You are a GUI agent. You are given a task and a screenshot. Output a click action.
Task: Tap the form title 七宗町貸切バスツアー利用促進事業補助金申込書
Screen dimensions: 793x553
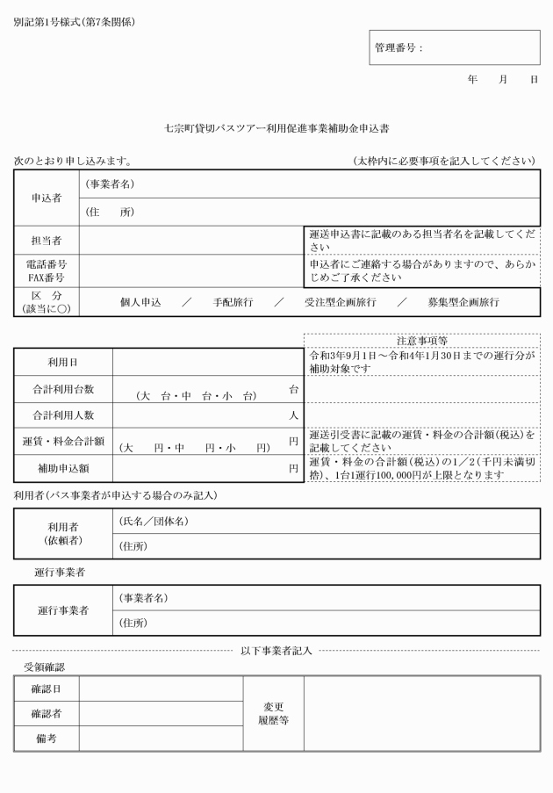click(x=276, y=127)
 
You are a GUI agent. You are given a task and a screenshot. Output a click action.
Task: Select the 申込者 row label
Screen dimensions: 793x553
click(x=46, y=198)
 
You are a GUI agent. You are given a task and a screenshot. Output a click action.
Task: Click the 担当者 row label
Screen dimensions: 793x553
click(x=46, y=240)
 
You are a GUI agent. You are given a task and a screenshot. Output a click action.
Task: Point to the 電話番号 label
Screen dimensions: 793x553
click(x=46, y=263)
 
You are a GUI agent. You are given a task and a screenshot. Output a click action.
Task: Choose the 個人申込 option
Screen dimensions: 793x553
click(x=141, y=301)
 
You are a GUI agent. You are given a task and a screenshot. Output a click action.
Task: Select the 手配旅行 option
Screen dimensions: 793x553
click(x=233, y=301)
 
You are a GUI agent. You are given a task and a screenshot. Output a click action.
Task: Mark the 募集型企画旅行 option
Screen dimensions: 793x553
click(x=463, y=301)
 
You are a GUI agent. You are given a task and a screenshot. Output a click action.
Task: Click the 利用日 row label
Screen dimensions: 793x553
click(x=62, y=362)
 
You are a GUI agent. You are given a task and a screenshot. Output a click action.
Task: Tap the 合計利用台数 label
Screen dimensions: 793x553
click(x=62, y=388)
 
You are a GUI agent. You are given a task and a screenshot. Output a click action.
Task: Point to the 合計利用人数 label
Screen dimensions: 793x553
click(x=62, y=415)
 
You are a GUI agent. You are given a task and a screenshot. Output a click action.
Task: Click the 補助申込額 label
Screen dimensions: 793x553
click(x=62, y=468)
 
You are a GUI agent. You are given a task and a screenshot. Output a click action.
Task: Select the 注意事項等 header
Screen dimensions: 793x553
click(x=422, y=341)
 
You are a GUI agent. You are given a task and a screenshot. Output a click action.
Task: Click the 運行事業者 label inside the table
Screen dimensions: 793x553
click(x=62, y=610)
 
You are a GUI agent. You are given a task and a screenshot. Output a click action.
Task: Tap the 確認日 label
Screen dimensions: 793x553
click(x=46, y=689)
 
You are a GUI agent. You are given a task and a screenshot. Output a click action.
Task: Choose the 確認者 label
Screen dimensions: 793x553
click(x=46, y=714)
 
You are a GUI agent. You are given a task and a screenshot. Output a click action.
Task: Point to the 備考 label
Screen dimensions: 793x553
click(x=46, y=739)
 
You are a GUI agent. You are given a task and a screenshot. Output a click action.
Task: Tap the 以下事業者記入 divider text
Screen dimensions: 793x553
click(x=276, y=651)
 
